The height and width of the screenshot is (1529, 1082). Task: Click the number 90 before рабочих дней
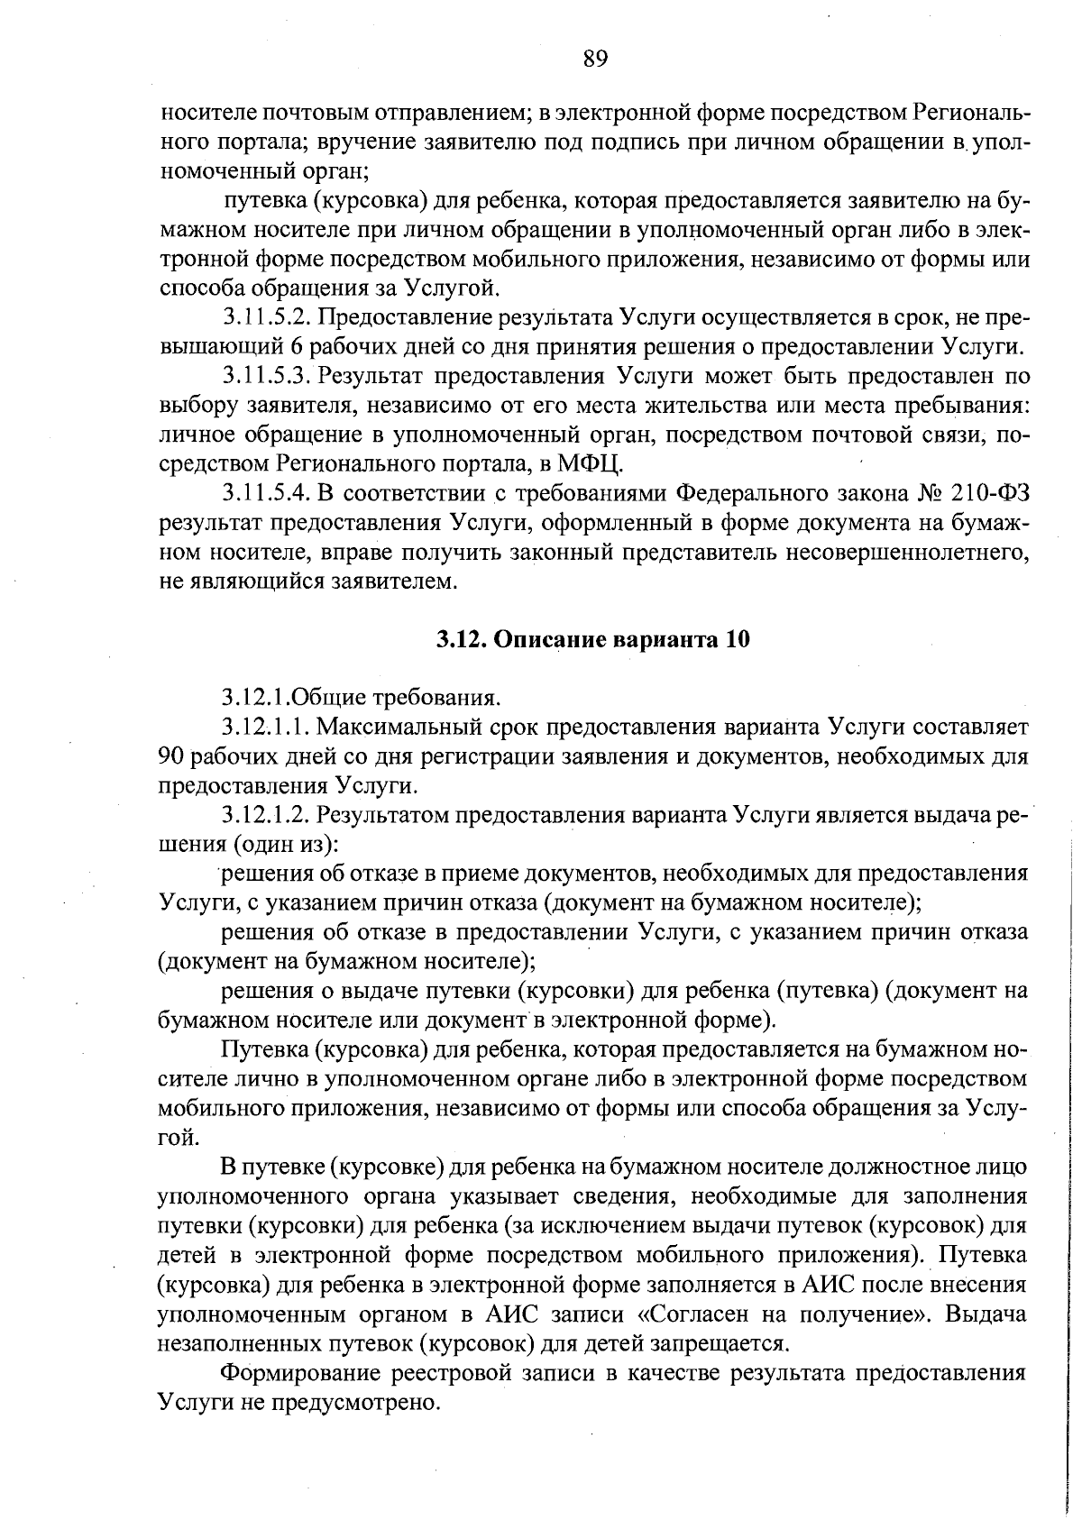(x=171, y=755)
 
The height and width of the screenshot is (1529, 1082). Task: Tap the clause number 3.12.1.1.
(x=266, y=727)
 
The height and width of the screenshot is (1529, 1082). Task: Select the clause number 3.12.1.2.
(x=266, y=815)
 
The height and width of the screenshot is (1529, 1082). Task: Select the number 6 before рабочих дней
(x=299, y=347)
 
